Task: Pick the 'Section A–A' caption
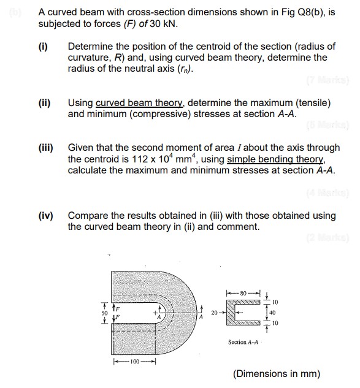244,342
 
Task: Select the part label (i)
44,47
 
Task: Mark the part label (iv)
46,215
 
